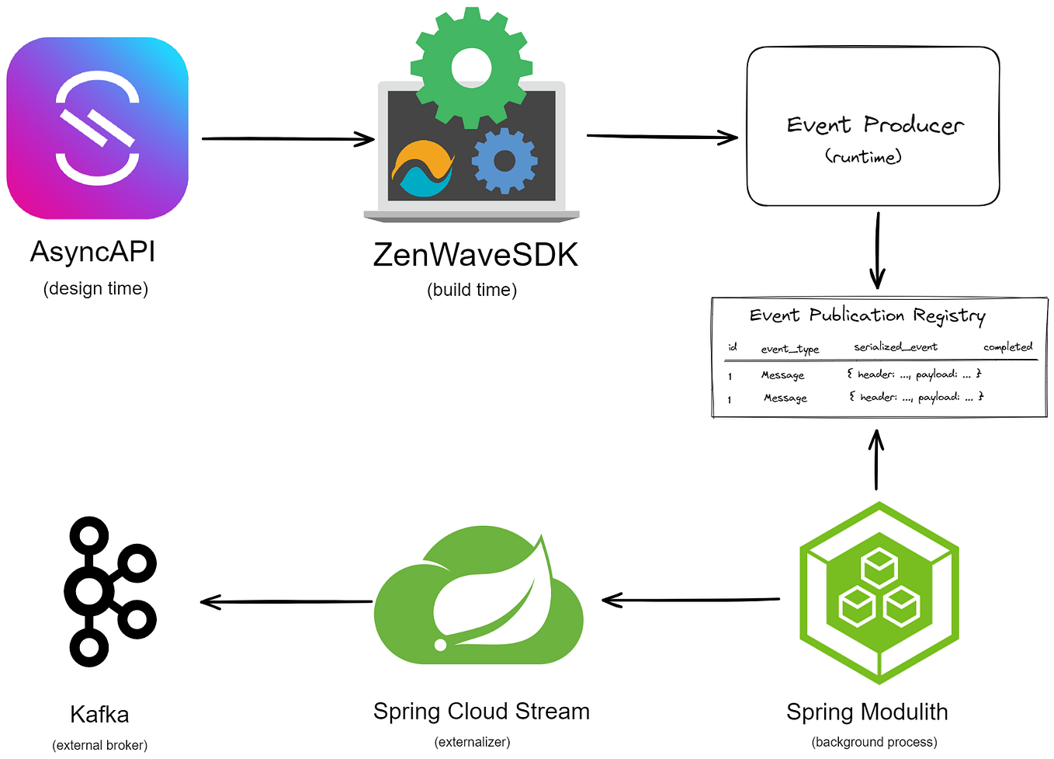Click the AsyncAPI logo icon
pos(98,128)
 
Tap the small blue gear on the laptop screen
pos(504,161)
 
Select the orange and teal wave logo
pos(423,169)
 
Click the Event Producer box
pos(873,127)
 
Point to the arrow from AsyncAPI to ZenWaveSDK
pos(287,139)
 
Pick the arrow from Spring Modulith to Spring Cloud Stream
pos(691,600)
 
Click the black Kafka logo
pos(109,592)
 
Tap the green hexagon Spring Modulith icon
pos(879,593)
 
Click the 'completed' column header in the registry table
pos(1007,346)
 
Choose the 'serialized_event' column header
pos(896,346)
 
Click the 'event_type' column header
pos(789,349)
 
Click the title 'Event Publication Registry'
pos(867,315)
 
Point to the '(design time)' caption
pos(95,288)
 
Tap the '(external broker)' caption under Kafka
pos(99,744)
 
